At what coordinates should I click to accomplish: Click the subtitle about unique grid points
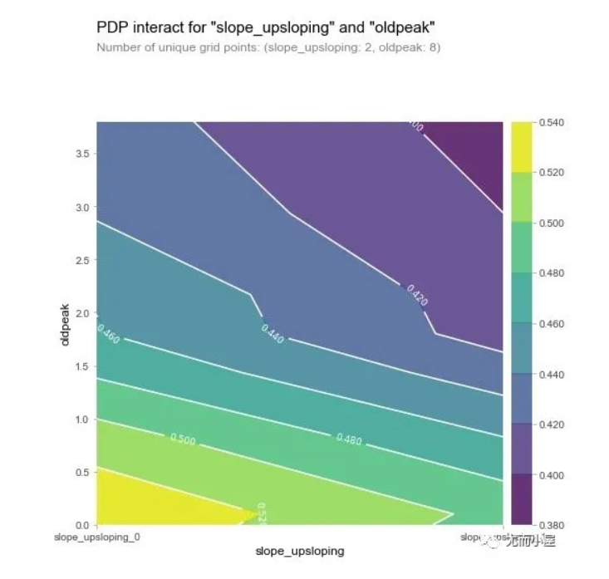[268, 47]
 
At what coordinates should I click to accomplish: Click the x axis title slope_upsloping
[299, 551]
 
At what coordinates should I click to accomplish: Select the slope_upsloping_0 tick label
[97, 537]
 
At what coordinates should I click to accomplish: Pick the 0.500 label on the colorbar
[553, 223]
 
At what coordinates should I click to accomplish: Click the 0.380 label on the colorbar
[553, 525]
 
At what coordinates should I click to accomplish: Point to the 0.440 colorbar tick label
[553, 375]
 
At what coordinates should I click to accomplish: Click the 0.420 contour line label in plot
[416, 295]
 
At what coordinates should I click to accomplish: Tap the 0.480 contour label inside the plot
[349, 438]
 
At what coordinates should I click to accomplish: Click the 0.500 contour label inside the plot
[183, 439]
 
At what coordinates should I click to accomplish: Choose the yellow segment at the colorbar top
[521, 146]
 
